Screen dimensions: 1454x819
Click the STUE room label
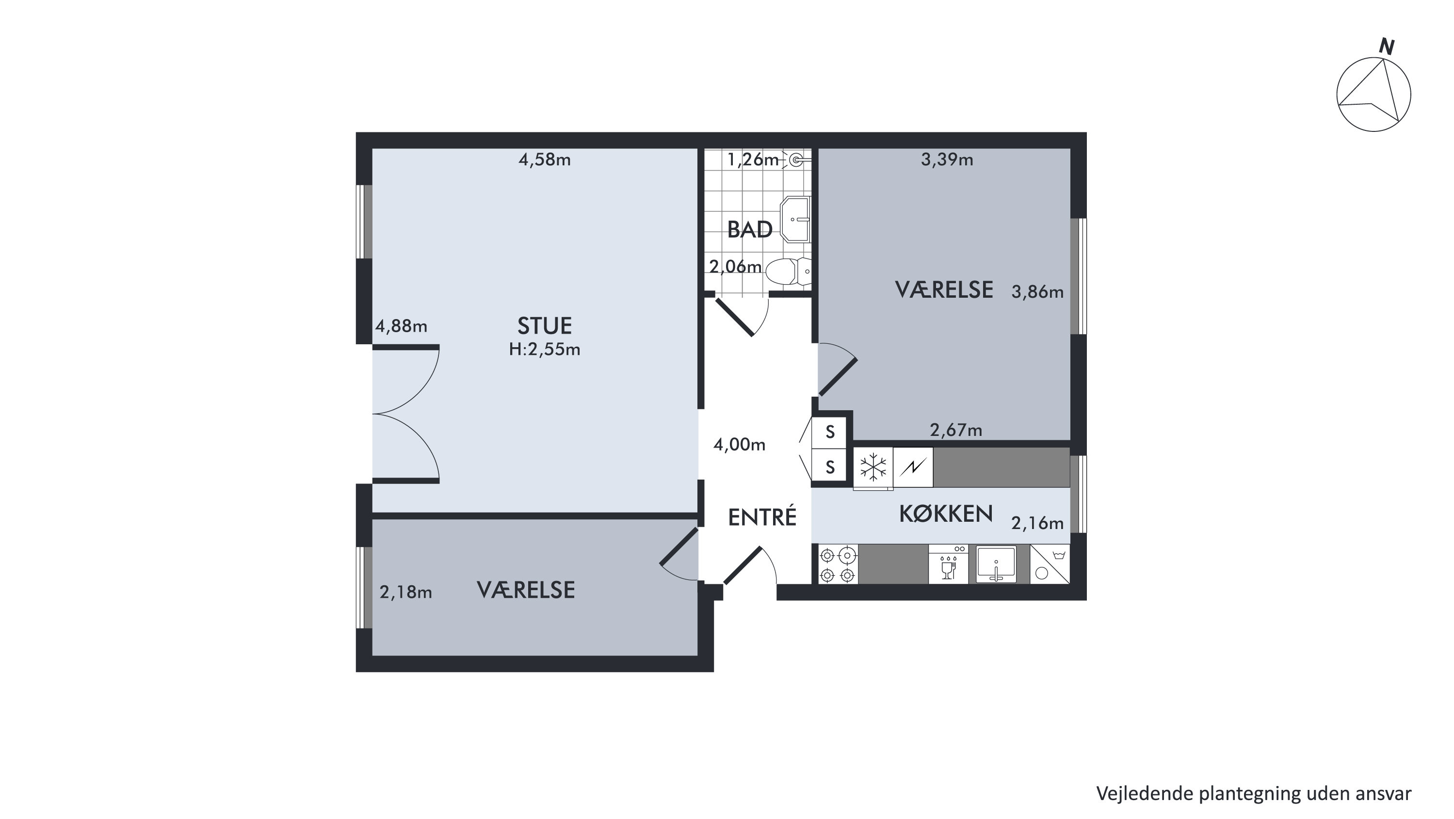click(545, 326)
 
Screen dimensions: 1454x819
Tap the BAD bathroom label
click(750, 230)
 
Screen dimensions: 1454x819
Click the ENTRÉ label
click(762, 517)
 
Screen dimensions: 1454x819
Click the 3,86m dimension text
click(1037, 292)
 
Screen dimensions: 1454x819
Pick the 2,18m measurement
click(406, 592)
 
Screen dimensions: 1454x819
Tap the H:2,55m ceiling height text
click(545, 350)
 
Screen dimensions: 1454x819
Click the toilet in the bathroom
click(788, 271)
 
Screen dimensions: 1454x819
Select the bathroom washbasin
click(795, 219)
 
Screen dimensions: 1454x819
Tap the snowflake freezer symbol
click(872, 467)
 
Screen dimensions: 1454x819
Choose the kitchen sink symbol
click(996, 564)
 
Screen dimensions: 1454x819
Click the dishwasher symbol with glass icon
click(948, 564)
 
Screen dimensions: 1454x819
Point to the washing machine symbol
click(1050, 564)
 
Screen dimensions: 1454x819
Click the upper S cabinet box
click(829, 433)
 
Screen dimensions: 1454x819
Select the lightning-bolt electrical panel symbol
click(913, 467)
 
